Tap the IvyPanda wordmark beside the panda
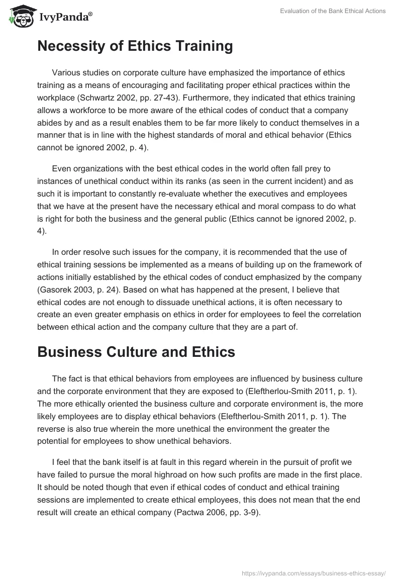[65, 17]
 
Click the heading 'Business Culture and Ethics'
[136, 352]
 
